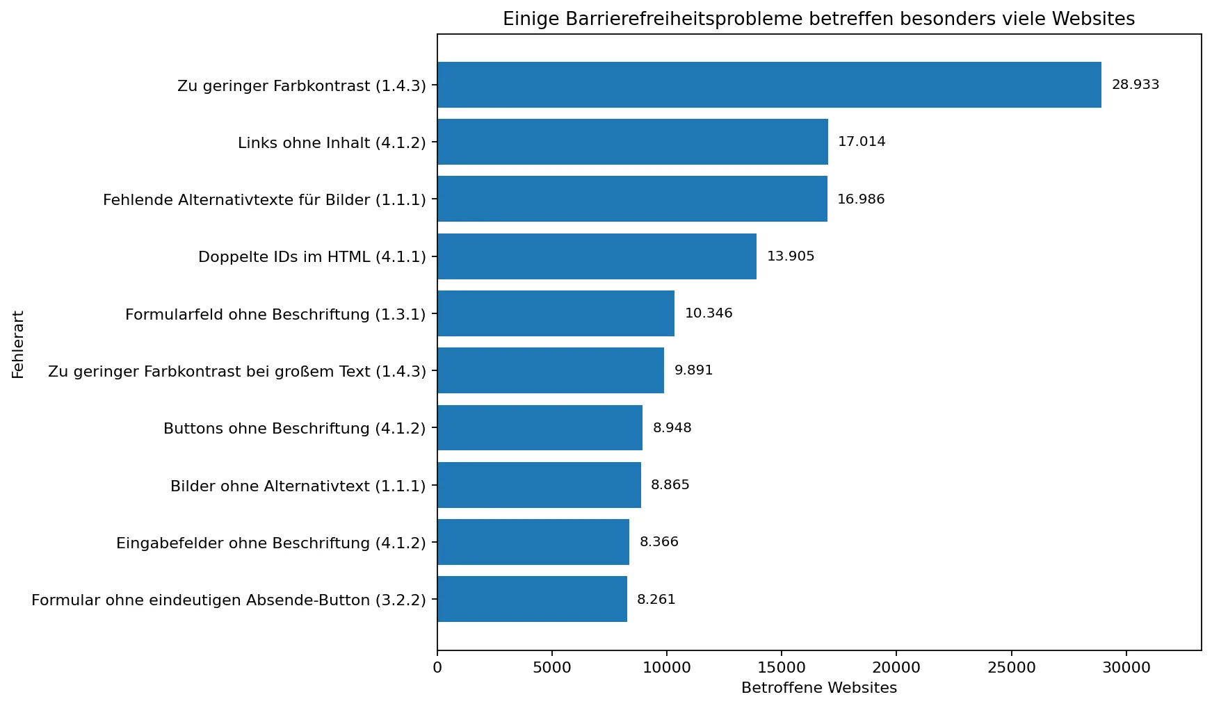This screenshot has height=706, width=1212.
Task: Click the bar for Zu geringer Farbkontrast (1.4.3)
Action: pyautogui.click(x=768, y=85)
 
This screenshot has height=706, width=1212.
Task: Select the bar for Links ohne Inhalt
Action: pyautogui.click(x=632, y=142)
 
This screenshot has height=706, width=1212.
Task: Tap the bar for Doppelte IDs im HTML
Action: pyautogui.click(x=597, y=256)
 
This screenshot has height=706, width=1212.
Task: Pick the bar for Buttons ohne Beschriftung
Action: pyautogui.click(x=540, y=428)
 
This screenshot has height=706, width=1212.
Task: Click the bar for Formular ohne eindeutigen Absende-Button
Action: pyautogui.click(x=532, y=599)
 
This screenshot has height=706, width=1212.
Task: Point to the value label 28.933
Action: pyautogui.click(x=1135, y=85)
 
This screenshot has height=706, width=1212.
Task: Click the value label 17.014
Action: pyautogui.click(x=861, y=142)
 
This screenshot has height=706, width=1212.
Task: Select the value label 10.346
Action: pyautogui.click(x=708, y=313)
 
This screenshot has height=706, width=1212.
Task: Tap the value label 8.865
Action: pyautogui.click(x=670, y=485)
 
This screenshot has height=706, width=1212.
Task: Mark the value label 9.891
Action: pyautogui.click(x=693, y=370)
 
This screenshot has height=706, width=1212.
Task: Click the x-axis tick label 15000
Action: pyautogui.click(x=781, y=668)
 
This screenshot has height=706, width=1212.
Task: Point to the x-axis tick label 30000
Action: pyautogui.click(x=1126, y=668)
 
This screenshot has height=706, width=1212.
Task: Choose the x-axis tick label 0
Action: pyautogui.click(x=437, y=668)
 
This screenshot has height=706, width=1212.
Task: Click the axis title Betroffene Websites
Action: pyautogui.click(x=818, y=688)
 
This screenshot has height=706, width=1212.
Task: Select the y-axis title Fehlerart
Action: pyautogui.click(x=18, y=345)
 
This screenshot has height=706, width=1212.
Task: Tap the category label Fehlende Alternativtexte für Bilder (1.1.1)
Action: pyautogui.click(x=264, y=200)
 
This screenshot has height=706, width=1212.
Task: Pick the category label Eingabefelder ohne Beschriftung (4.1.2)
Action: pyautogui.click(x=270, y=543)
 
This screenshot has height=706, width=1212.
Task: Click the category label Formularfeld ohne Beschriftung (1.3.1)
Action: pyautogui.click(x=275, y=315)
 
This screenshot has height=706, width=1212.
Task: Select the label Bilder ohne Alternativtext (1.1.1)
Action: pyautogui.click(x=298, y=486)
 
